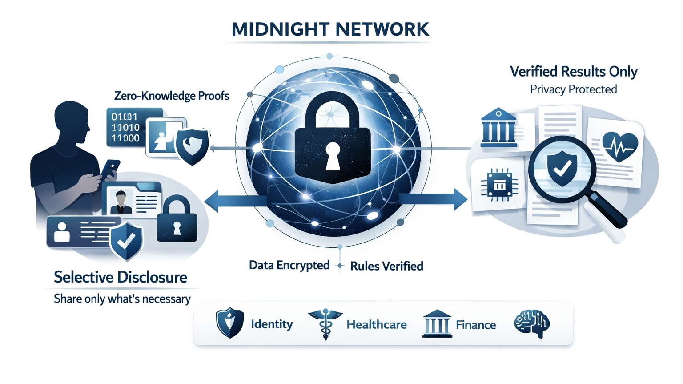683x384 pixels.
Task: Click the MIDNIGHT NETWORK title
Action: (330, 29)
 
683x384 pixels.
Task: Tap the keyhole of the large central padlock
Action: (333, 157)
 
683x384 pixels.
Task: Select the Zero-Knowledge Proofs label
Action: (172, 96)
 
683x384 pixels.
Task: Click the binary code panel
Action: (127, 127)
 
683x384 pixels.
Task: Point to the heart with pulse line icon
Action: (620, 146)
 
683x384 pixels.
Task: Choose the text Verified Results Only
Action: (574, 72)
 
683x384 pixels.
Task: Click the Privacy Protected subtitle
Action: (574, 89)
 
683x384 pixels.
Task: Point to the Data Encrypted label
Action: (289, 265)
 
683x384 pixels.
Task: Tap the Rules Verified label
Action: (386, 266)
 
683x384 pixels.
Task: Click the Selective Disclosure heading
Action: (121, 277)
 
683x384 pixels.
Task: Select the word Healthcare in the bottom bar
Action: (376, 325)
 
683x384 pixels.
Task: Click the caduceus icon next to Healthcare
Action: (325, 323)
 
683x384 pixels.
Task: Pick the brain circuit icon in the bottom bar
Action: (532, 324)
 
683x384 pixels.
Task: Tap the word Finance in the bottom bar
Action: (475, 325)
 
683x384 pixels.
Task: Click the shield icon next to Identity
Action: (229, 323)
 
